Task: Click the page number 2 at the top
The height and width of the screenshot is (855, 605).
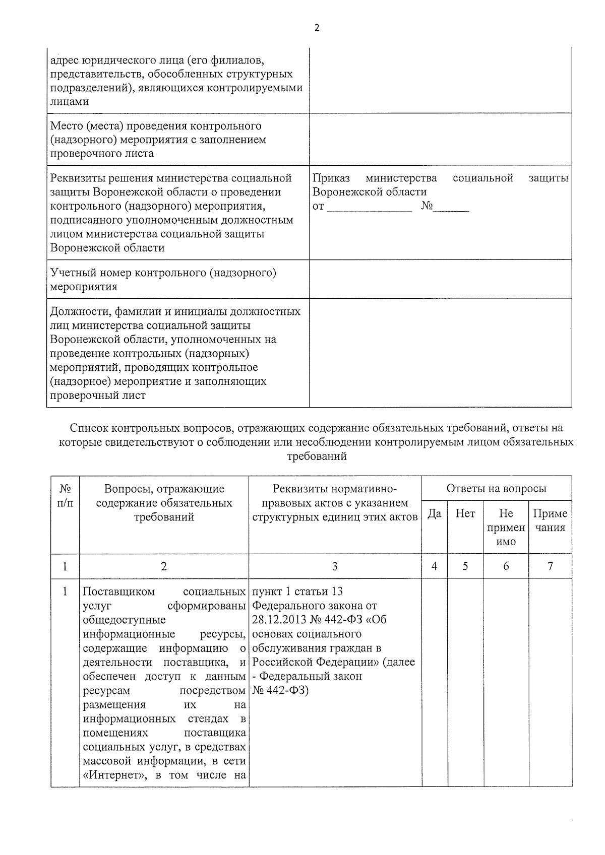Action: click(x=317, y=28)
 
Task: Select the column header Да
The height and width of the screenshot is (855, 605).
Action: click(x=435, y=513)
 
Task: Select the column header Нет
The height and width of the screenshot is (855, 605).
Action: click(x=465, y=513)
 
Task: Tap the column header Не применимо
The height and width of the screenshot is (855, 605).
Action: click(x=506, y=527)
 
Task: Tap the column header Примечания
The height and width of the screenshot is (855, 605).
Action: click(x=550, y=520)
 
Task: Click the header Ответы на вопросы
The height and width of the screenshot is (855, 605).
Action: click(x=496, y=488)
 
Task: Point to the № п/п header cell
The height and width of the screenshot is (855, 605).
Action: click(x=65, y=496)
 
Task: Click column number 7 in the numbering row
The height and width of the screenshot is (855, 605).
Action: click(x=550, y=566)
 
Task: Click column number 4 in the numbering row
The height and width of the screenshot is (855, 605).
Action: click(x=435, y=566)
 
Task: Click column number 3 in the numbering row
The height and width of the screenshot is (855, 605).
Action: click(x=335, y=566)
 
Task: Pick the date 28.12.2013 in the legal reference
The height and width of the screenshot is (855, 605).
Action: click(x=277, y=620)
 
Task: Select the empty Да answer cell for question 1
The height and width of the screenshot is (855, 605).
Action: click(x=435, y=680)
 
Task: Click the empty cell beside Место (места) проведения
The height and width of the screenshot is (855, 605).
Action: click(x=440, y=139)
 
